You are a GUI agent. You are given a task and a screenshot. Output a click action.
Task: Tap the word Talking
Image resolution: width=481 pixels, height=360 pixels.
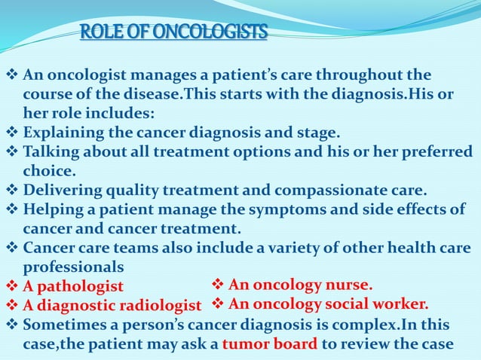click(51, 152)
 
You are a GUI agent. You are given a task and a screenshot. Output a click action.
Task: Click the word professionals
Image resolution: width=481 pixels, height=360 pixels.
click(73, 267)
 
